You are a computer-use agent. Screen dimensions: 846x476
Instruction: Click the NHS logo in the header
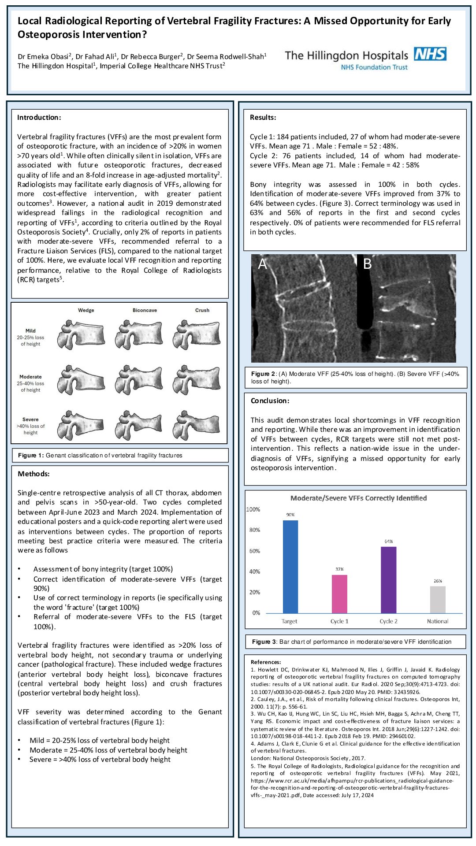(430, 54)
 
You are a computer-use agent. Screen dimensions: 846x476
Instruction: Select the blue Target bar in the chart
(290, 566)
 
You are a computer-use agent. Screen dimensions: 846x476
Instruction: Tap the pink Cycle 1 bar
(339, 594)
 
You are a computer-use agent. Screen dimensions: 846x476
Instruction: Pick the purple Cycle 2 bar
(388, 579)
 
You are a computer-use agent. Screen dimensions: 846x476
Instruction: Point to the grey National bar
(438, 599)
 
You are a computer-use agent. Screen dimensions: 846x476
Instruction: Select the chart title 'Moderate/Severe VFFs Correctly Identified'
(358, 498)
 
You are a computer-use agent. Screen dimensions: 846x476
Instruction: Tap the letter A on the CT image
(262, 264)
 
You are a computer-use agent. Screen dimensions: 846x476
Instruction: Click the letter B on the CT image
(367, 264)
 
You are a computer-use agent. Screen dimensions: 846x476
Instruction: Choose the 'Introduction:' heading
(39, 117)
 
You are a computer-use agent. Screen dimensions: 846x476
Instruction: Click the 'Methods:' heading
(33, 474)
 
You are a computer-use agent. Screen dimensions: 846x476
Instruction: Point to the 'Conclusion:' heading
(270, 401)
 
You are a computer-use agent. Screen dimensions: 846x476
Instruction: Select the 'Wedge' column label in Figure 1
(86, 310)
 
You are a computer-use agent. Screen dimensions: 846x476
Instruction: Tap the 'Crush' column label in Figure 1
(202, 310)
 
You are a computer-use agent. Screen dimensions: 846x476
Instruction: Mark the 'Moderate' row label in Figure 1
(30, 377)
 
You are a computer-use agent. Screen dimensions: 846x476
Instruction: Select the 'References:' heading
(266, 662)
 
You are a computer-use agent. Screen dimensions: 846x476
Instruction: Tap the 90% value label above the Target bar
(290, 515)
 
